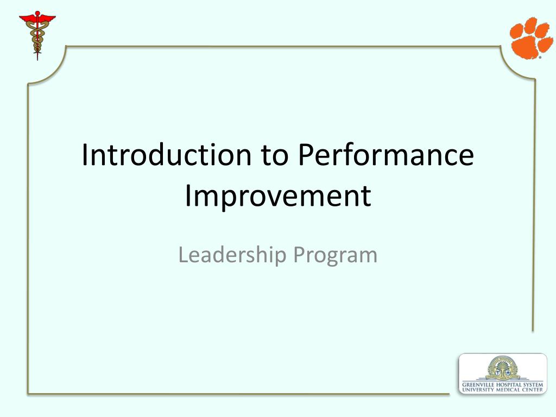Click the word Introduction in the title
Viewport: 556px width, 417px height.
tap(167, 155)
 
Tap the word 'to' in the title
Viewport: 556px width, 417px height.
tap(275, 156)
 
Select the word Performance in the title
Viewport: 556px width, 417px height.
tap(386, 155)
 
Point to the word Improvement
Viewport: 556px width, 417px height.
tap(278, 196)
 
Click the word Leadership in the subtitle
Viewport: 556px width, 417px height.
tap(232, 255)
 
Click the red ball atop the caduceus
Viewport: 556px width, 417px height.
tap(37, 14)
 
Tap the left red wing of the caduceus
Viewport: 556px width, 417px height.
tap(27, 18)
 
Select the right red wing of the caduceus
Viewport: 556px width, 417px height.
tap(47, 18)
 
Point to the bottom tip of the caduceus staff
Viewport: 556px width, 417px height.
tap(37, 60)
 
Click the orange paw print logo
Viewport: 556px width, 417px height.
tap(531, 38)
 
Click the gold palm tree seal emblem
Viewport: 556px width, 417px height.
tap(502, 368)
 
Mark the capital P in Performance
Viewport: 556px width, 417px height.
tap(305, 155)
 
